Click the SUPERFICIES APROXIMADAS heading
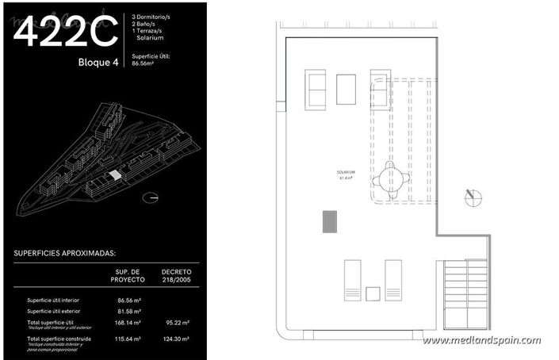[65, 254]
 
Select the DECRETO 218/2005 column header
[176, 275]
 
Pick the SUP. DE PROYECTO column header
[128, 275]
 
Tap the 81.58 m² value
[128, 312]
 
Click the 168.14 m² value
[128, 323]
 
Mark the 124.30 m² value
[175, 339]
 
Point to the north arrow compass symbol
[473, 195]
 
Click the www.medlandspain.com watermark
[482, 340]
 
